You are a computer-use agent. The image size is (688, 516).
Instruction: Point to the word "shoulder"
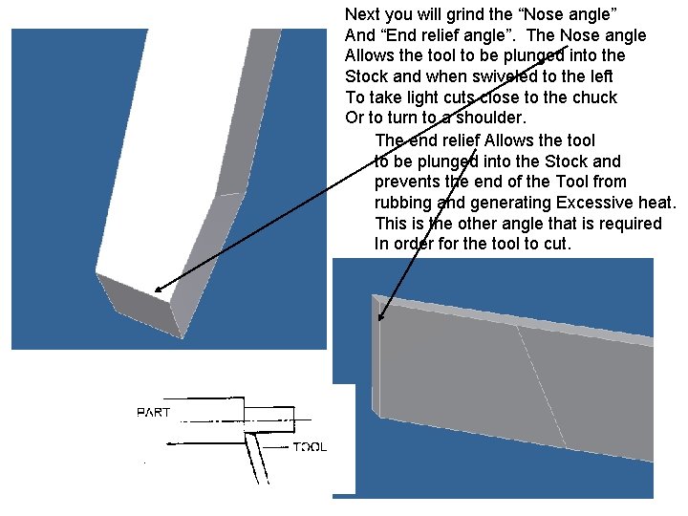(490, 118)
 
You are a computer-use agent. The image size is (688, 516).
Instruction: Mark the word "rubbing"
(403, 203)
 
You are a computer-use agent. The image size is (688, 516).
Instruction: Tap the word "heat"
(656, 203)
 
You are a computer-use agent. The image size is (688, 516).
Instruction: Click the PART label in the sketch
(153, 413)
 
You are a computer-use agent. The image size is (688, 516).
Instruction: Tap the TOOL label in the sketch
(310, 446)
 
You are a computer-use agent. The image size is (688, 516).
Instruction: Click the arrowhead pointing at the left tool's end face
(158, 288)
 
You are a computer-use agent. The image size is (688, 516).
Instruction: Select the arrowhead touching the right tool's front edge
(381, 316)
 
